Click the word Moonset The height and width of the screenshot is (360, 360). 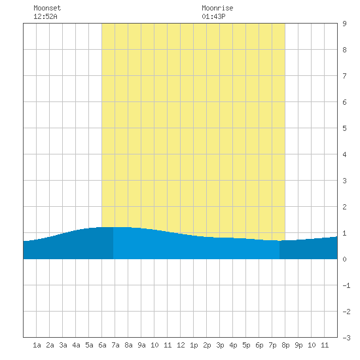tap(47, 8)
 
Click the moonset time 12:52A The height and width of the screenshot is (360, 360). tap(45, 16)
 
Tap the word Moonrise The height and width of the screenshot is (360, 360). tap(217, 8)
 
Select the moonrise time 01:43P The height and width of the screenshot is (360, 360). tap(213, 16)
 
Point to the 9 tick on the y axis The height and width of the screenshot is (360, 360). tap(344, 24)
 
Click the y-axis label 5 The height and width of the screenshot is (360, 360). tap(344, 128)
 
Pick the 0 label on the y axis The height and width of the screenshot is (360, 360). tap(344, 259)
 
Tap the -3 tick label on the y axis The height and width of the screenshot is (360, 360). tap(346, 338)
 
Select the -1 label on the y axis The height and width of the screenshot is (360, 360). tap(346, 285)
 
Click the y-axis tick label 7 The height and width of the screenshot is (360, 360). tap(344, 76)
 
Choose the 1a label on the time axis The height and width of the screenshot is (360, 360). tap(37, 345)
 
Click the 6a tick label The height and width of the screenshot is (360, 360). tap(102, 345)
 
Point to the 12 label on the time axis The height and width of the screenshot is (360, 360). tap(181, 345)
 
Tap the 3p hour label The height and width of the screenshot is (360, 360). tap(220, 345)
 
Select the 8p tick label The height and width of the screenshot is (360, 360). tap(285, 345)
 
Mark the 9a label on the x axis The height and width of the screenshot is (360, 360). tap(141, 345)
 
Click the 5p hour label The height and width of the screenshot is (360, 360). tap(246, 345)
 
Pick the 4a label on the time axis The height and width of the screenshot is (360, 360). tap(76, 345)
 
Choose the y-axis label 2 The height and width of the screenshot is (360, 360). tap(344, 207)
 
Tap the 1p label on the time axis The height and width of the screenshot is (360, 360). tap(194, 345)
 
